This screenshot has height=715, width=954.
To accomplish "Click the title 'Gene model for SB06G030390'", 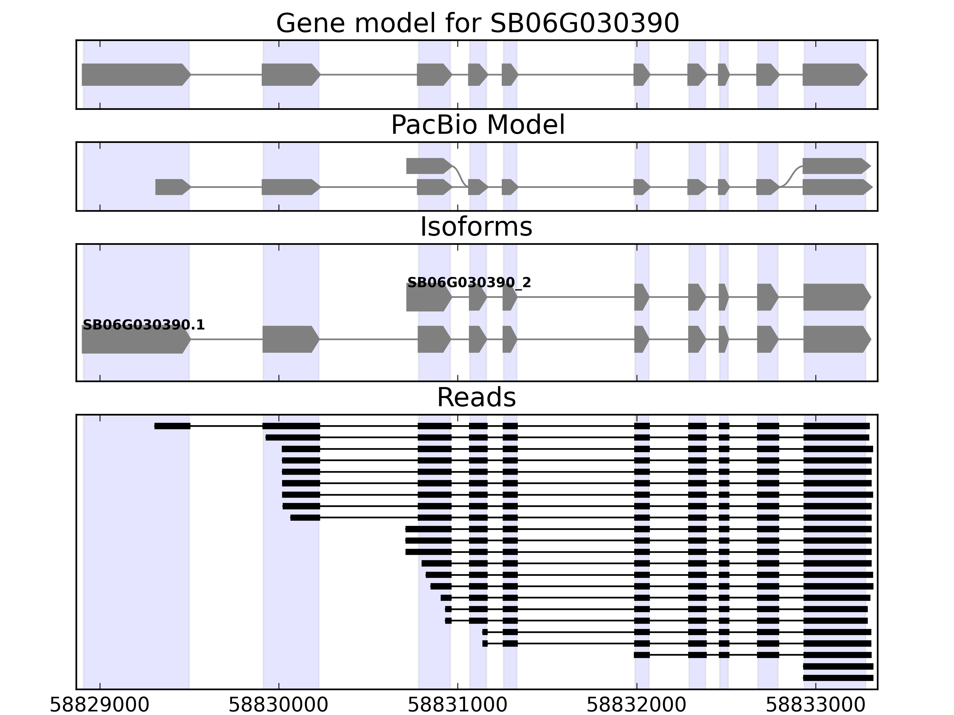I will tap(477, 23).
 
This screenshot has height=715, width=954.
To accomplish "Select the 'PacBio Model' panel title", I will tap(477, 125).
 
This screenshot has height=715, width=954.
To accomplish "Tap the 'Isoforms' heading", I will tap(476, 227).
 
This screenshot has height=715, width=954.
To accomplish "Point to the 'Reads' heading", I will tap(476, 397).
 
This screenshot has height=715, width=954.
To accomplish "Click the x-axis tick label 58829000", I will tap(100, 705).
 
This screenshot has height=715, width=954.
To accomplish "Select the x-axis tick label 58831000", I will tap(458, 705).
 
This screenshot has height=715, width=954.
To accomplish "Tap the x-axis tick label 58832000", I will tap(636, 705).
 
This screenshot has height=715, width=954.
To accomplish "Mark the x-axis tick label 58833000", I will tap(816, 705).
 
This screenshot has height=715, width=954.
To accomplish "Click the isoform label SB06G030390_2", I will tap(469, 283).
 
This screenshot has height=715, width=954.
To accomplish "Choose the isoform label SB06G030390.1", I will tap(144, 325).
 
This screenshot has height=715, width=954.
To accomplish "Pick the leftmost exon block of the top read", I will tap(172, 426).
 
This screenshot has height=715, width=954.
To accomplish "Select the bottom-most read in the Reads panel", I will tap(837, 678).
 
